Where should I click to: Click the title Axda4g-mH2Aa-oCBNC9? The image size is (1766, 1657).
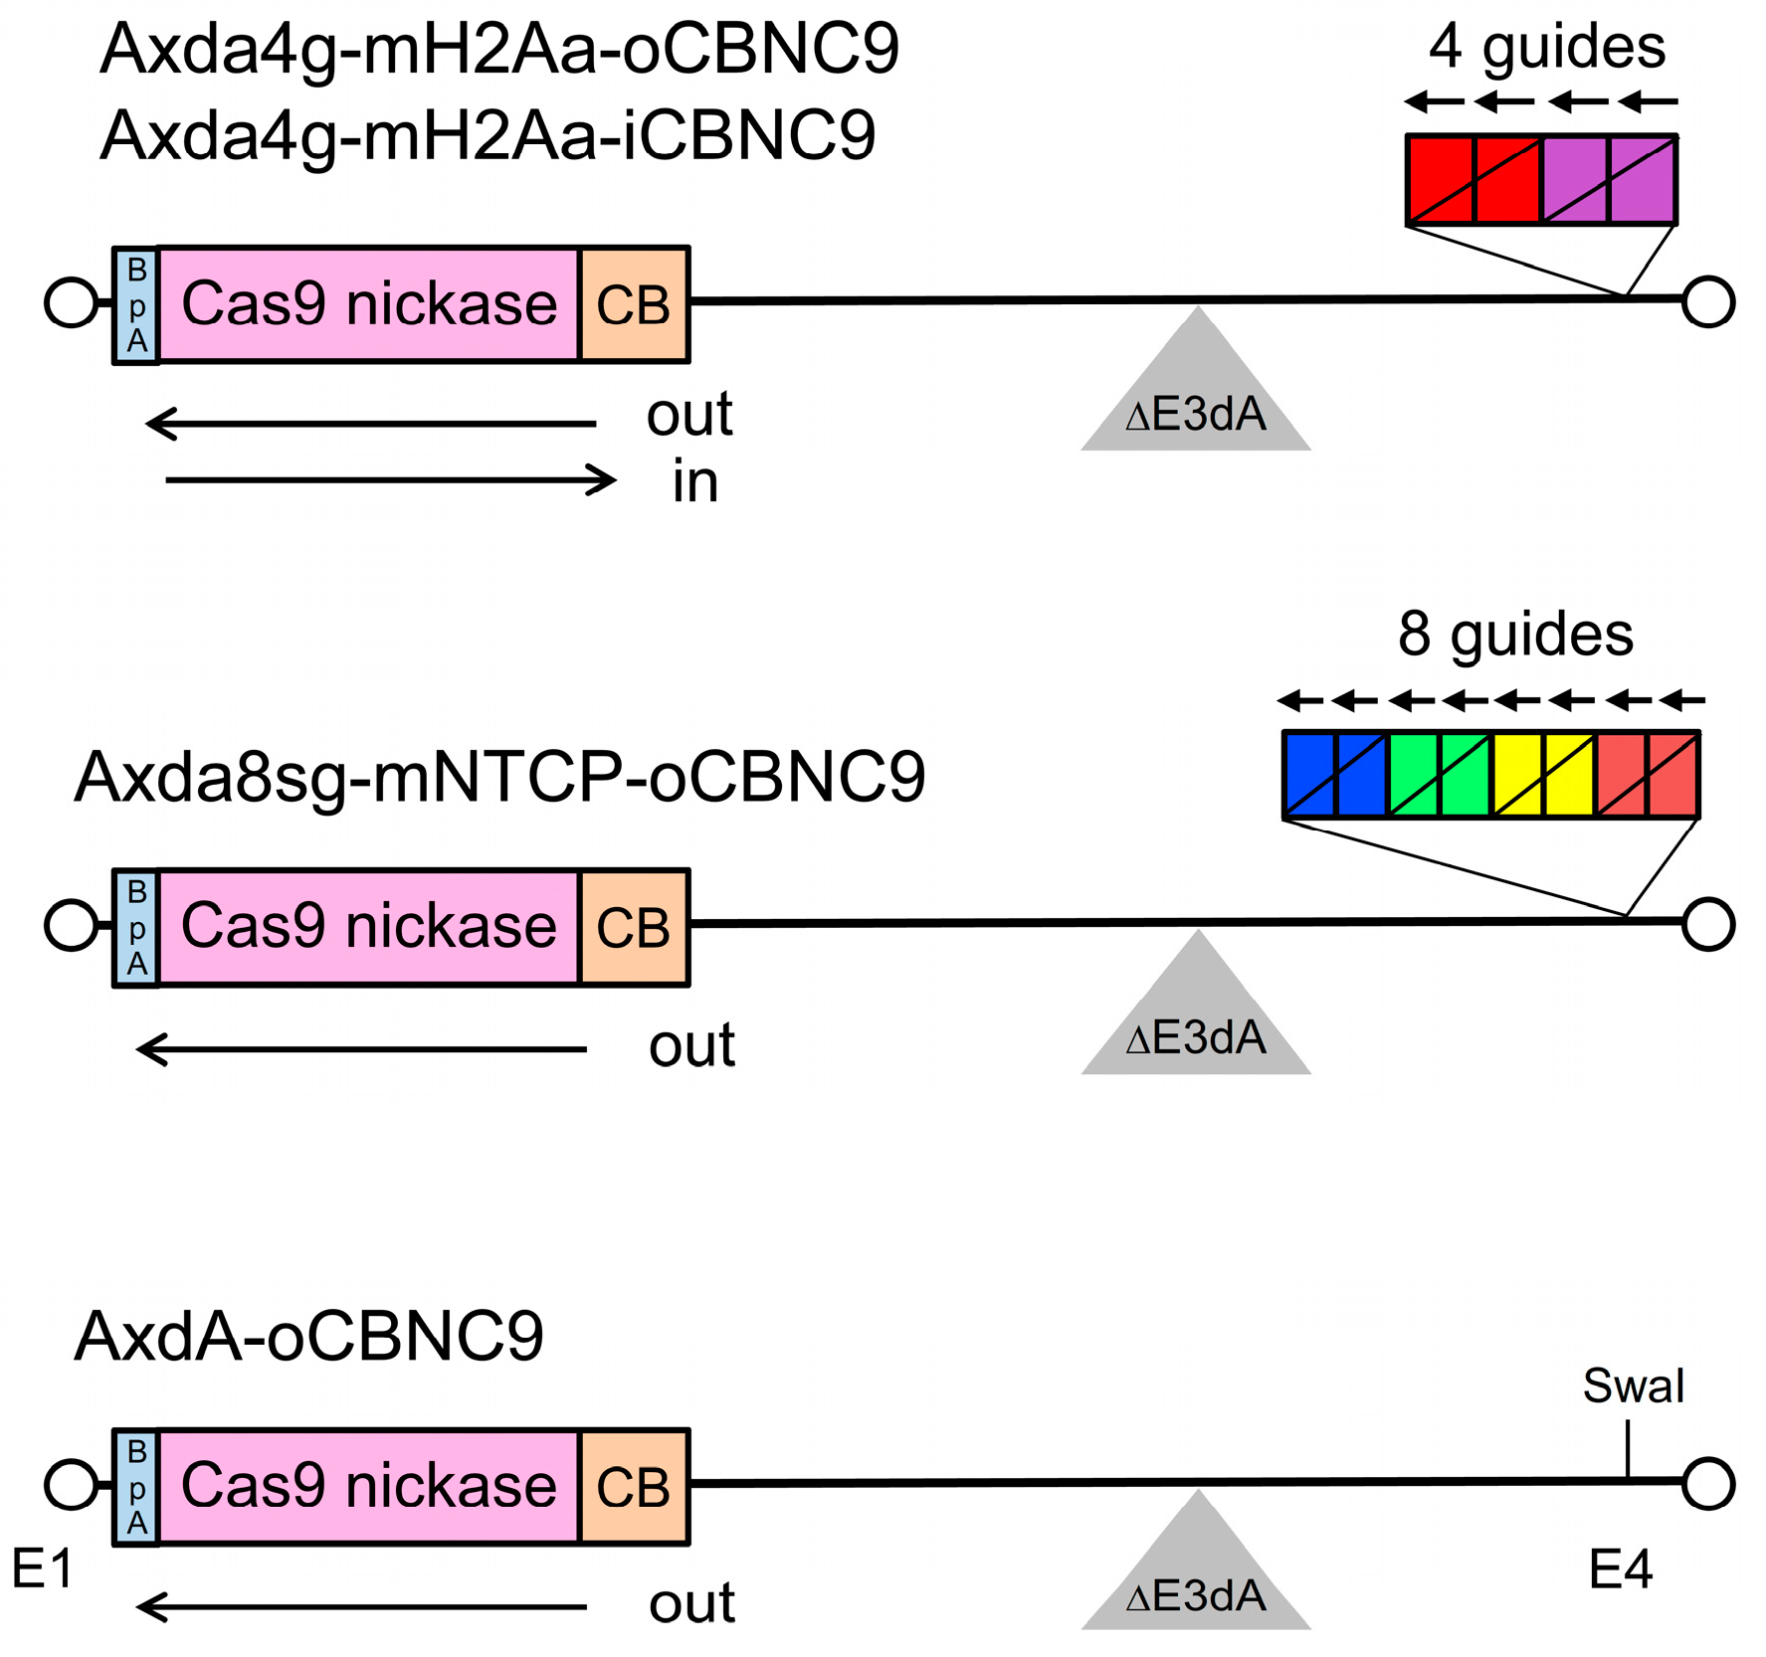pos(499,50)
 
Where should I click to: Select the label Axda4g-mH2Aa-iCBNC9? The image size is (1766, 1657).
pos(488,135)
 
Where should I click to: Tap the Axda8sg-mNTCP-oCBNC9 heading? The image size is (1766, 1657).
pos(499,777)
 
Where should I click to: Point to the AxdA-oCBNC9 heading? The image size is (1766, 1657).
pos(308,1336)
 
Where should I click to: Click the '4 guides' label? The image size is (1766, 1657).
pos(1546,47)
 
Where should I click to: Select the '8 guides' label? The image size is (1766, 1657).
pos(1514,634)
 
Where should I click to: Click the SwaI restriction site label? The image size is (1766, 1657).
pos(1633,1385)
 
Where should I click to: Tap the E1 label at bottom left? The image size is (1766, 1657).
pos(42,1569)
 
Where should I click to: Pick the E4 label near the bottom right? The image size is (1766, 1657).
pos(1620,1570)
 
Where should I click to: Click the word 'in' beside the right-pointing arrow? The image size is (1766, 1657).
pos(694,482)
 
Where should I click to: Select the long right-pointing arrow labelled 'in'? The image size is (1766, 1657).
pos(390,480)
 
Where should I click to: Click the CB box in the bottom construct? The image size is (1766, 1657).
pos(634,1487)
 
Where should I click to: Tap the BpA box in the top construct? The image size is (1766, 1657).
pos(136,305)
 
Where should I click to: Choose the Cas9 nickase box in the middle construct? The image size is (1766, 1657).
pos(368,927)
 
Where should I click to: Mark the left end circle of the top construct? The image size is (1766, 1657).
pos(71,302)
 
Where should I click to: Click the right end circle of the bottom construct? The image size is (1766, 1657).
pos(1708,1484)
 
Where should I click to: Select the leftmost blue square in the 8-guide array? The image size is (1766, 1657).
pos(1309,775)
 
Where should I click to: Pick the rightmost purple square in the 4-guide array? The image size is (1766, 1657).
pos(1643,180)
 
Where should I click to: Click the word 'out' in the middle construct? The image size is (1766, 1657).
pos(691,1046)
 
